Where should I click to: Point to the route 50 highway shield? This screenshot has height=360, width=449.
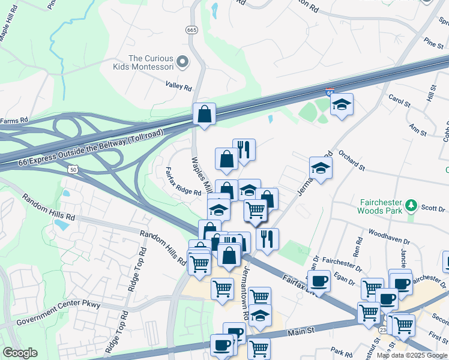click(71, 170)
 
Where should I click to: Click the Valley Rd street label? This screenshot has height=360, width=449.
click(179, 88)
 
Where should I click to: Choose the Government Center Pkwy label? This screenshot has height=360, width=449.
click(58, 314)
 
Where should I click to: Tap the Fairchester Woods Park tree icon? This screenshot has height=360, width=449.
click(411, 206)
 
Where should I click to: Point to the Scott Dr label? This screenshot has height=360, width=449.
click(432, 208)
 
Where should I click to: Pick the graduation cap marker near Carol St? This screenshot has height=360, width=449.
click(342, 105)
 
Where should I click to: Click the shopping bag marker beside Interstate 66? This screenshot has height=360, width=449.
click(204, 113)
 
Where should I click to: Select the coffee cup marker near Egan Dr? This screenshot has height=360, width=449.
click(319, 280)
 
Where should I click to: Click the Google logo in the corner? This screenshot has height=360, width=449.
click(20, 353)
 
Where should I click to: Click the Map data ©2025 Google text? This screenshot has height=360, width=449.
click(412, 355)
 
